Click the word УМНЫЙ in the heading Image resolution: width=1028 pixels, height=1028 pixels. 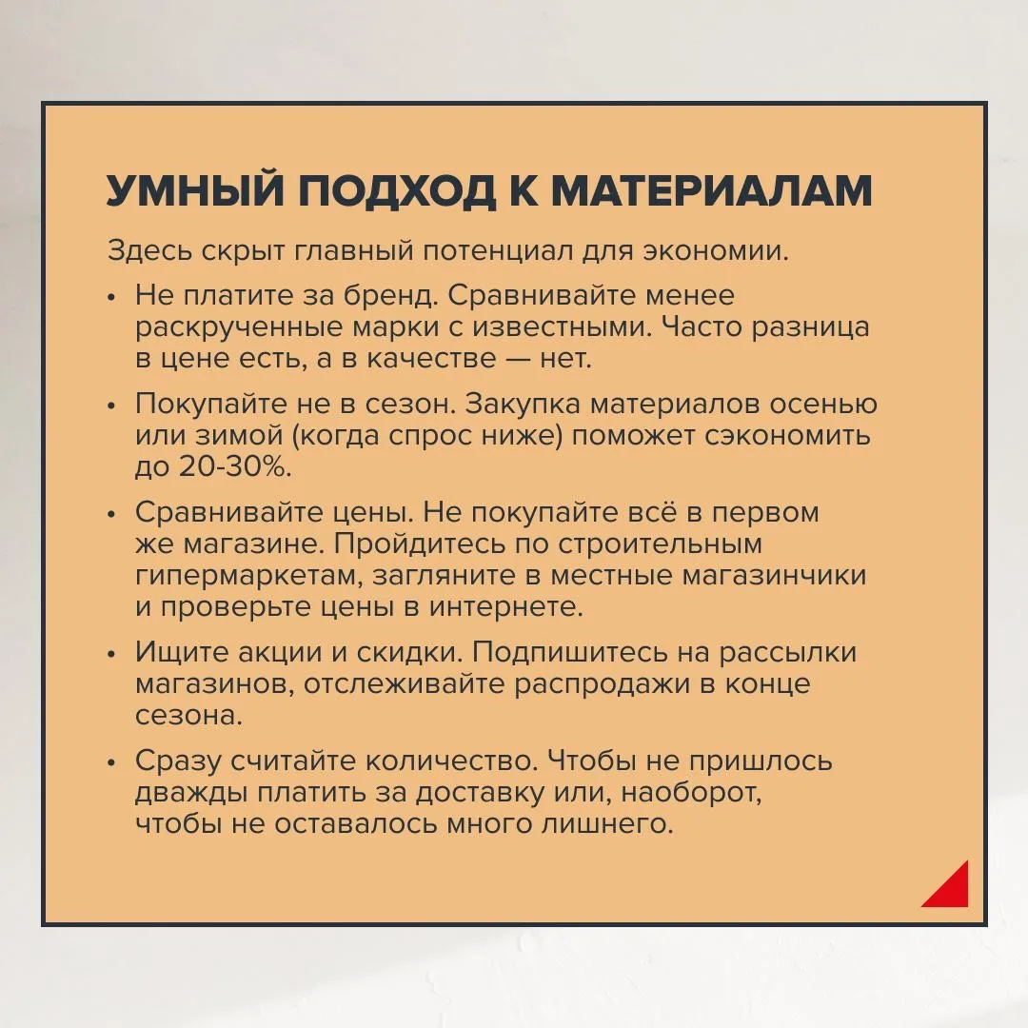click(195, 190)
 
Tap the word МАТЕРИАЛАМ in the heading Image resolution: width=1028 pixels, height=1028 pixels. click(711, 191)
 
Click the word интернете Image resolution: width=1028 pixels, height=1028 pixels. click(506, 606)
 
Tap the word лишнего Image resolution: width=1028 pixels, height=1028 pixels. click(607, 824)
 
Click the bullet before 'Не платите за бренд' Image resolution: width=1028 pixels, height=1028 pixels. click(111, 297)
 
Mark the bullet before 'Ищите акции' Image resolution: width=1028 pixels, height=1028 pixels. click(111, 654)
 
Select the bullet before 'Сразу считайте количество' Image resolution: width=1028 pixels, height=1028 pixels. click(111, 762)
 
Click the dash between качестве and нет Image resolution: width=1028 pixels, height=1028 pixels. click(518, 359)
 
